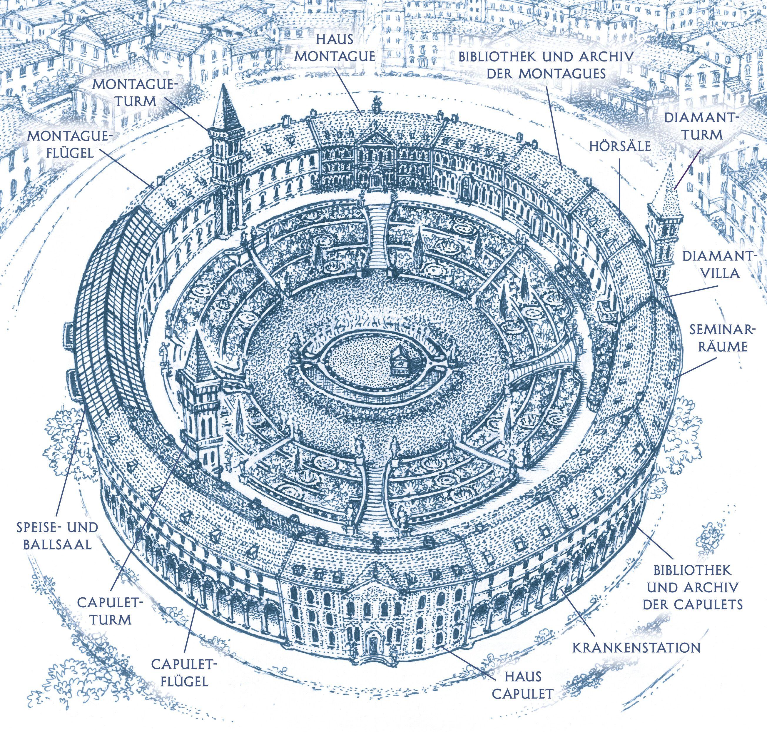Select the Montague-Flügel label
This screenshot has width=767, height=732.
70,144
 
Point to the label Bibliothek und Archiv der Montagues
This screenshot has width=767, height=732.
545,65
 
